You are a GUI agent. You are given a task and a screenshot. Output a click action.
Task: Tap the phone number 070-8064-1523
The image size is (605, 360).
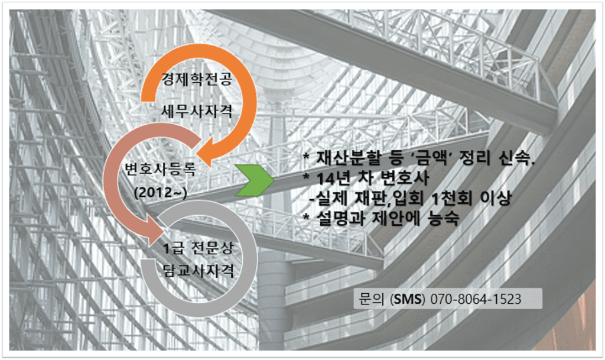[476, 299]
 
